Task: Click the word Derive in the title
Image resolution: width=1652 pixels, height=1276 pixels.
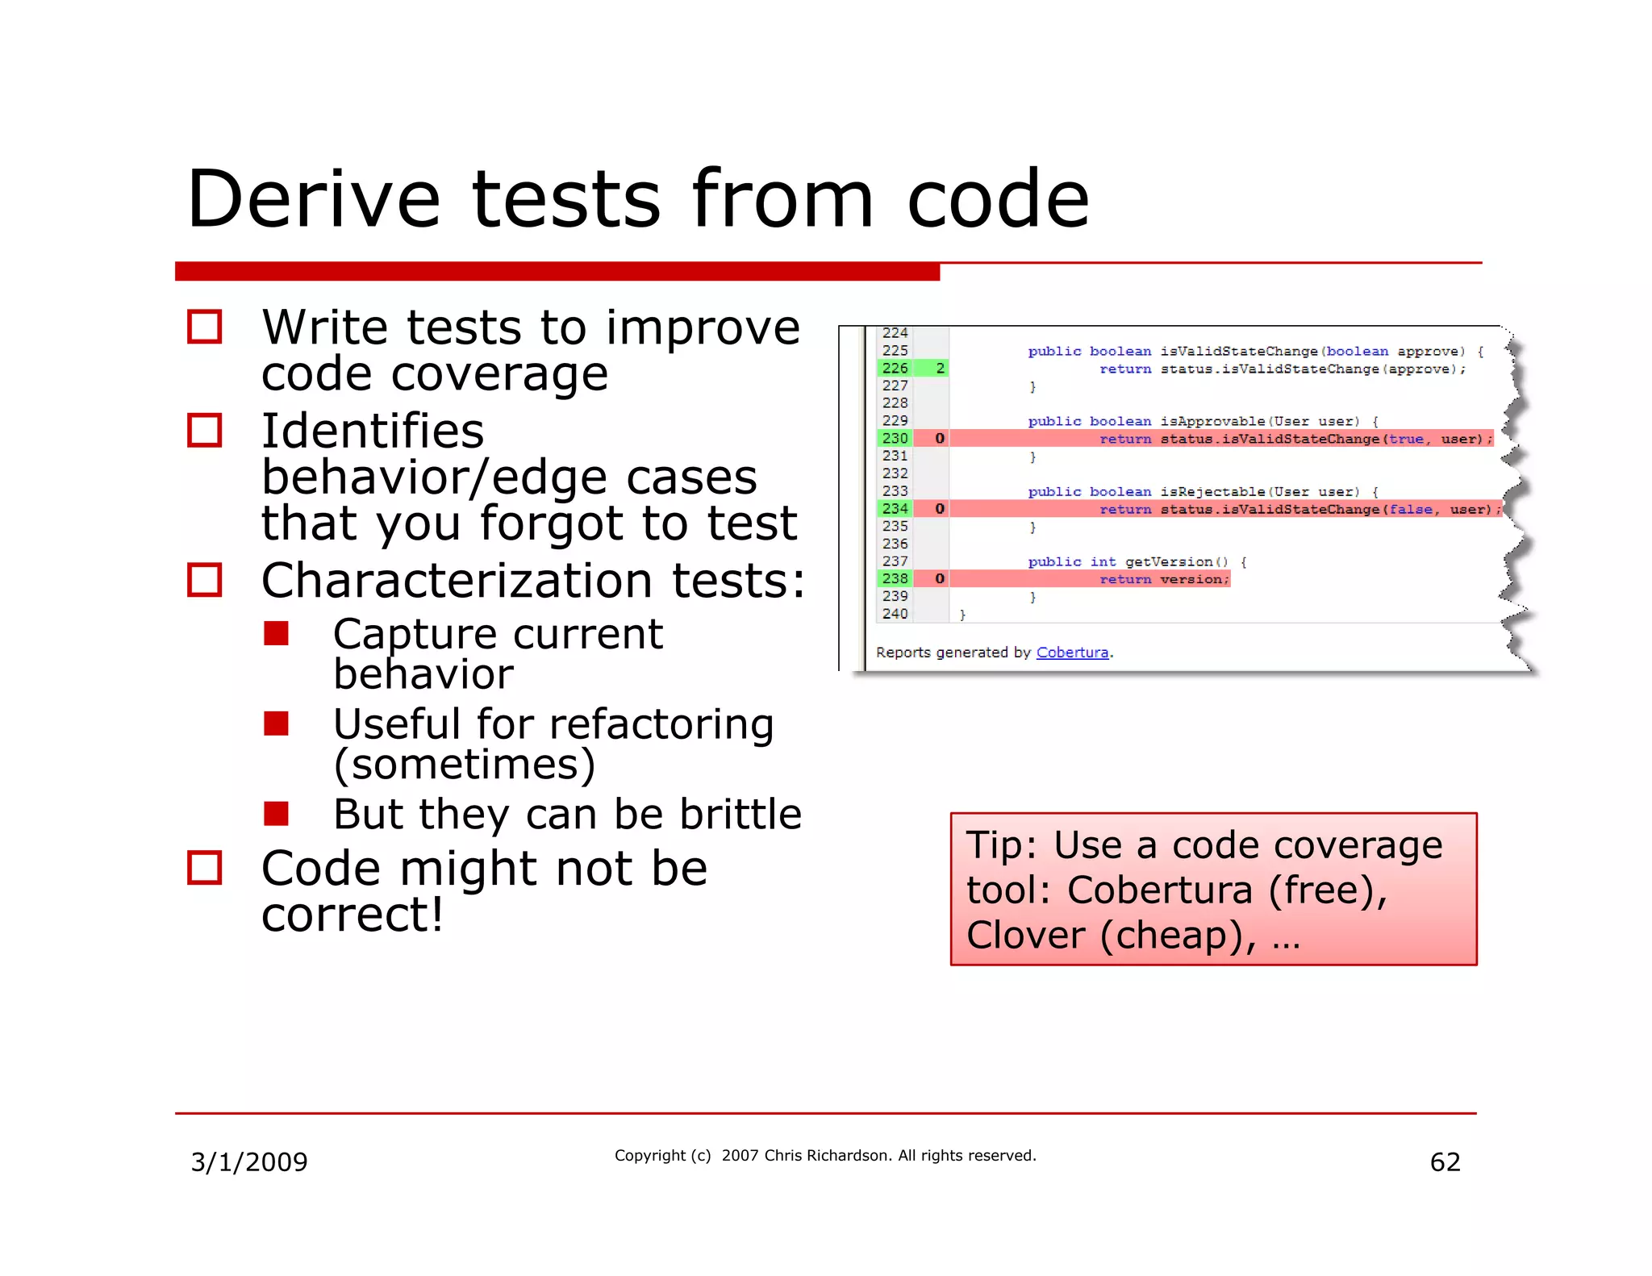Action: [x=313, y=199]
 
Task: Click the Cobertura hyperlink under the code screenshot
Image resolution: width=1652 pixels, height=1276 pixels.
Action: [x=1072, y=653]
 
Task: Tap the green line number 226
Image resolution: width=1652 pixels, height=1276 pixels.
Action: [x=895, y=369]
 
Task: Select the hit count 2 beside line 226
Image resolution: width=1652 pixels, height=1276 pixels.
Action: [x=940, y=369]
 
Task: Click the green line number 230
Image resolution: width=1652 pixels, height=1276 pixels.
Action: [x=895, y=439]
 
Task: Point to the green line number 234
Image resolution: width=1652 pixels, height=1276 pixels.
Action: [x=895, y=509]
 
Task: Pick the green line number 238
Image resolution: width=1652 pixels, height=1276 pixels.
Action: [x=895, y=579]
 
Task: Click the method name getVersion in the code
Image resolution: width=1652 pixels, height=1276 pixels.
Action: [x=1169, y=562]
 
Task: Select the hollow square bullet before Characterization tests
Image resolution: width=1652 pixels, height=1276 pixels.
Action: [x=204, y=580]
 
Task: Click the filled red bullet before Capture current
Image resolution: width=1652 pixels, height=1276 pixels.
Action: [x=276, y=634]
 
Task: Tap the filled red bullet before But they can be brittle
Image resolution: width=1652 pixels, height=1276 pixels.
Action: [x=276, y=814]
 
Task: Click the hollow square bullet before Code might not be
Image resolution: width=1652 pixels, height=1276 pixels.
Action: [x=204, y=869]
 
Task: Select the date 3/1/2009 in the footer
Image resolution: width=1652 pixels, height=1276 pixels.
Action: [x=248, y=1162]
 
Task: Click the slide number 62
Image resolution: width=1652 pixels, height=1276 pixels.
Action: [x=1445, y=1162]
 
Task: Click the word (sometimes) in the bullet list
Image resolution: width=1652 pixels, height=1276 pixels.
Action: [x=464, y=765]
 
